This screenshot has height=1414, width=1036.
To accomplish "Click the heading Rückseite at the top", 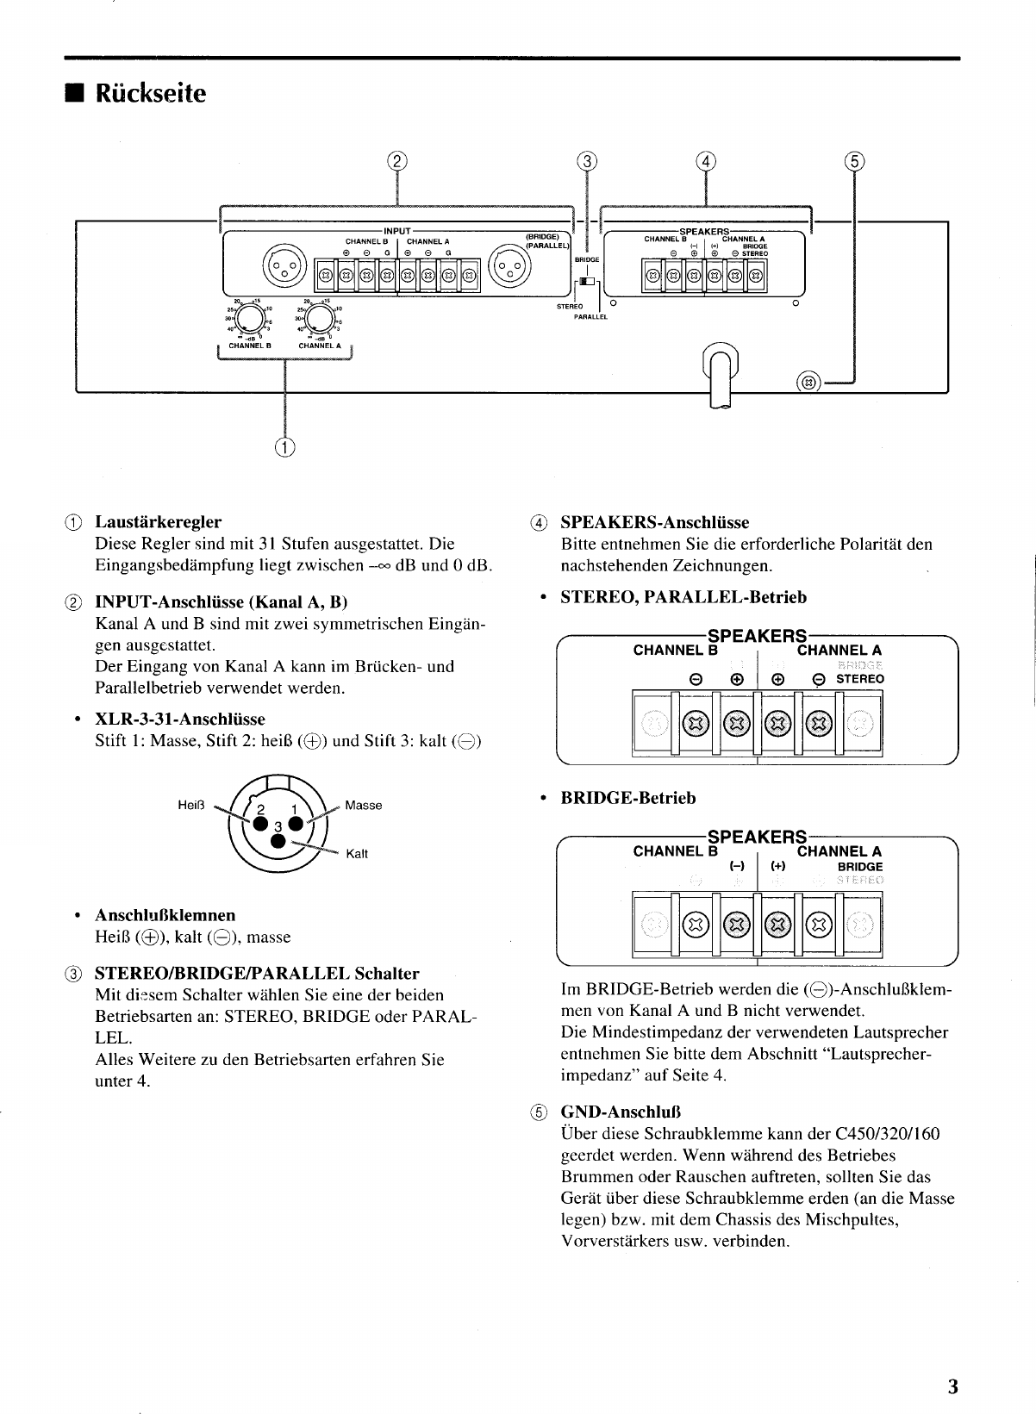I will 151,93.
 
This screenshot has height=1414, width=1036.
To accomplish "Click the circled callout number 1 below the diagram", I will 284,445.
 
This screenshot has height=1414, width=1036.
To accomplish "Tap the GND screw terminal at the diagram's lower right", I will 808,382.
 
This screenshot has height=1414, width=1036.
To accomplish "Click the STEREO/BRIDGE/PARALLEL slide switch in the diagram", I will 587,282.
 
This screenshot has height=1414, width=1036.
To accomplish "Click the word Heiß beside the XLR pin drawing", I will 189,805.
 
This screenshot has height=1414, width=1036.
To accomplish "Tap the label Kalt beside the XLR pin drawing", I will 357,854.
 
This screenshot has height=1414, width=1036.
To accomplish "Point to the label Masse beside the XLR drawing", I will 363,806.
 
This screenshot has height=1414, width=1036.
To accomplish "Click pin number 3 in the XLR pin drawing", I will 278,827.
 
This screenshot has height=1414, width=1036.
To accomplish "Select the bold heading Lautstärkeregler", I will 158,522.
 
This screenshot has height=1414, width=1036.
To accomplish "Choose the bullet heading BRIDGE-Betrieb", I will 627,798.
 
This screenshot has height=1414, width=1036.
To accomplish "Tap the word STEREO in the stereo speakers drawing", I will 859,679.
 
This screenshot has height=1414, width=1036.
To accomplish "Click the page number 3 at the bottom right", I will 952,1386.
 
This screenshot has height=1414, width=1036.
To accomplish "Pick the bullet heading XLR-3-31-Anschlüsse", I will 179,719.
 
